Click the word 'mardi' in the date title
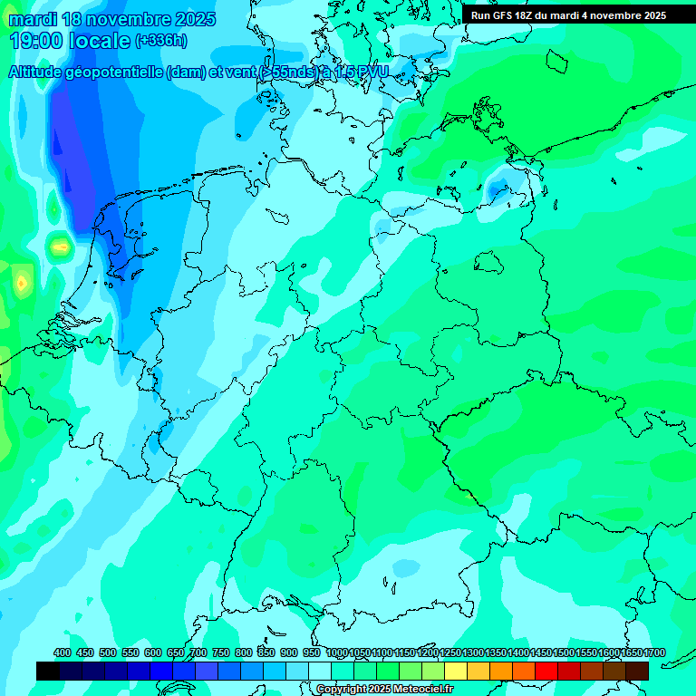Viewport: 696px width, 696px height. pyautogui.click(x=31, y=19)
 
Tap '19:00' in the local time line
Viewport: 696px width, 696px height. pyautogui.click(x=36, y=41)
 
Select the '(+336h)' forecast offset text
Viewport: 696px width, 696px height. pyautogui.click(x=161, y=41)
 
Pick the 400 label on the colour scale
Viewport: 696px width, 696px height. pyautogui.click(x=63, y=653)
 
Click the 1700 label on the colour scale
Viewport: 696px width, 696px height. pyautogui.click(x=631, y=653)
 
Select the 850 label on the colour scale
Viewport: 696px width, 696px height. pyautogui.click(x=266, y=653)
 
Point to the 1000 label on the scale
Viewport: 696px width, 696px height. pyautogui.click(x=336, y=653)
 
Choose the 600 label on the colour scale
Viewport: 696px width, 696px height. pyautogui.click(x=153, y=653)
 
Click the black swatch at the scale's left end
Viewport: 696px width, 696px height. pyautogui.click(x=48, y=671)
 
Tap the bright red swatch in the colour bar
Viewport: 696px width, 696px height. pyautogui.click(x=546, y=671)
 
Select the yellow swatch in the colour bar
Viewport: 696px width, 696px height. pyautogui.click(x=456, y=671)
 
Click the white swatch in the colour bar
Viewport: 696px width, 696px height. pyautogui.click(x=320, y=671)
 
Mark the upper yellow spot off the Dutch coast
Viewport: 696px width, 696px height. pyautogui.click(x=60, y=246)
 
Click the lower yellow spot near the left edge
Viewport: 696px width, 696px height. pyautogui.click(x=21, y=284)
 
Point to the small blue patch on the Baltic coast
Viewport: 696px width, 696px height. pyautogui.click(x=498, y=188)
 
